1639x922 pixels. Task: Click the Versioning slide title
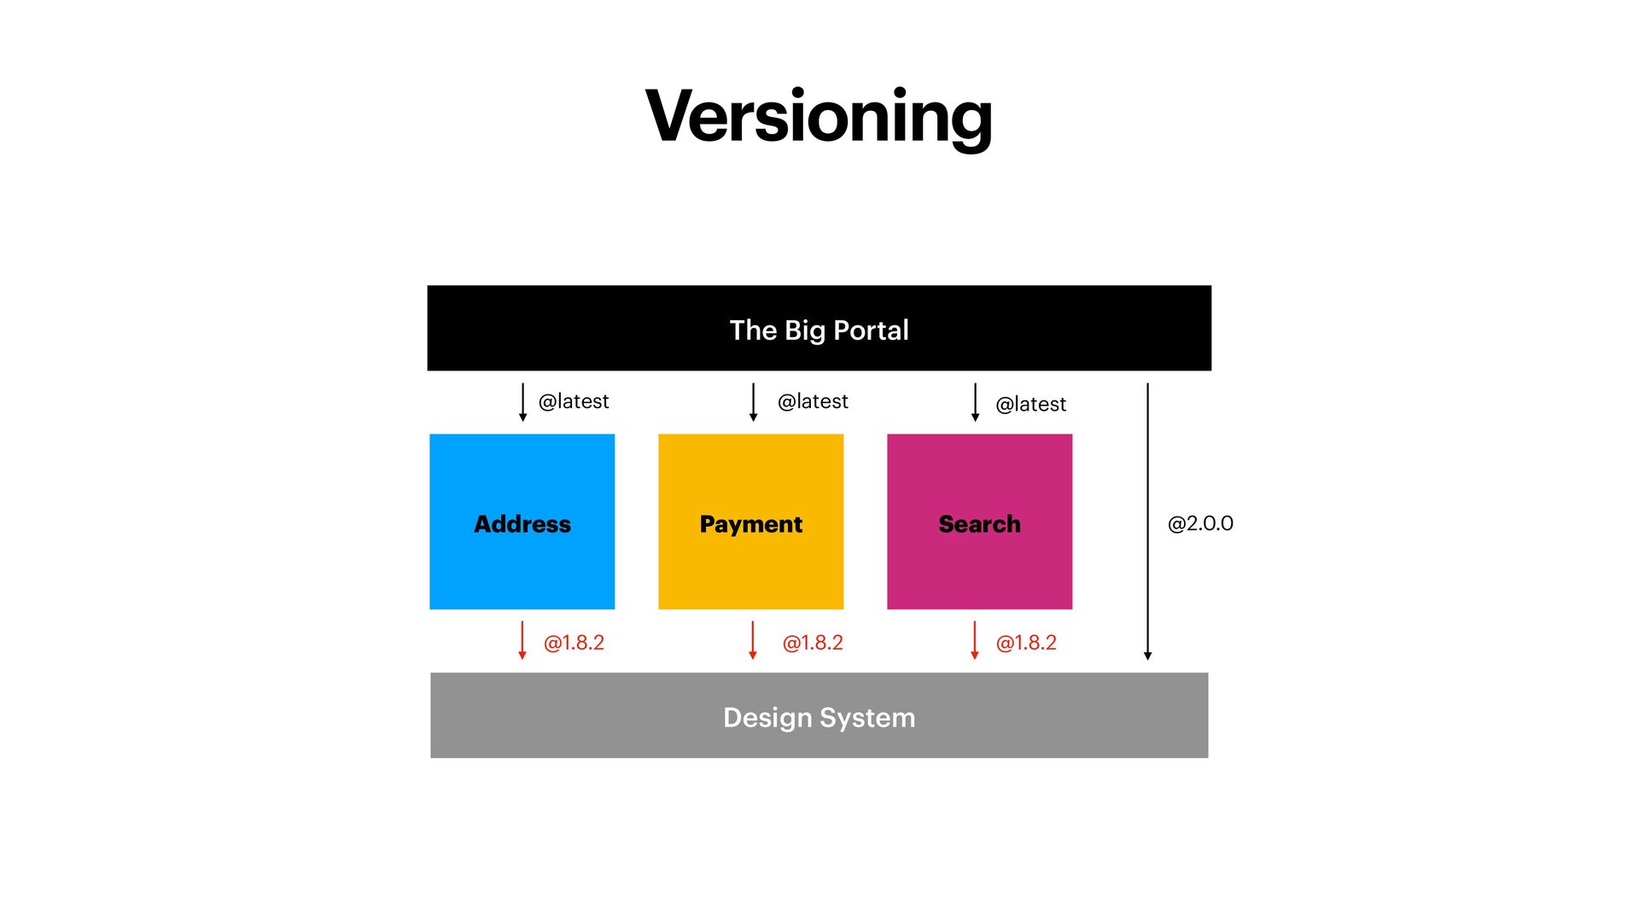click(x=819, y=117)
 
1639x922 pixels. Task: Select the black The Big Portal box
click(x=819, y=329)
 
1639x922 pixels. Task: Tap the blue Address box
click(x=522, y=522)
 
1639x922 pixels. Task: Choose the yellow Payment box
click(x=750, y=522)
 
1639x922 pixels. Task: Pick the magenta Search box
click(x=979, y=522)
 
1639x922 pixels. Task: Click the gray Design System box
click(x=819, y=715)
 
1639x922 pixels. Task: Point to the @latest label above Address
click(x=574, y=401)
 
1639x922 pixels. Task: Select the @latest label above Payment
click(x=813, y=401)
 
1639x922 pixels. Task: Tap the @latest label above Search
click(x=1030, y=404)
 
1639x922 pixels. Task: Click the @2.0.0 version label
click(x=1200, y=523)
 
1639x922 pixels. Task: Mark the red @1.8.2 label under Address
click(x=574, y=643)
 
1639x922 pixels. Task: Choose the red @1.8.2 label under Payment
click(x=813, y=643)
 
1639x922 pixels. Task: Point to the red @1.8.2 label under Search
click(x=1026, y=643)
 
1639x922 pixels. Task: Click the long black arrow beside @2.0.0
click(x=1147, y=522)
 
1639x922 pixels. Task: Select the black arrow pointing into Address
click(x=522, y=402)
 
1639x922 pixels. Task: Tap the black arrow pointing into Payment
click(x=753, y=402)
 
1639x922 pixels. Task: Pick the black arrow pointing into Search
click(x=975, y=402)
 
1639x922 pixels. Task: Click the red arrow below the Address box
click(x=522, y=640)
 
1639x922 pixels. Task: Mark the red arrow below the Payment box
click(x=753, y=640)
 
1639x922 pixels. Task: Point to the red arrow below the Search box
click(x=975, y=640)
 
